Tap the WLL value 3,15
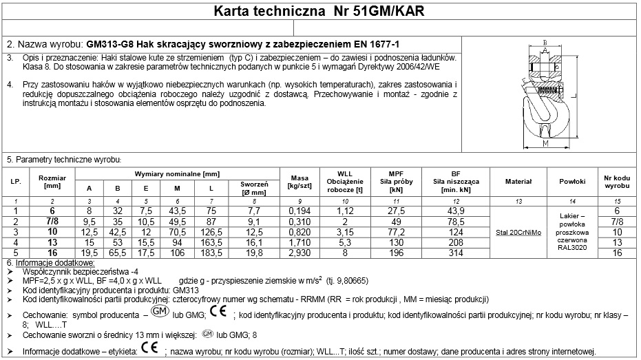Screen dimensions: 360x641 pyautogui.click(x=345, y=232)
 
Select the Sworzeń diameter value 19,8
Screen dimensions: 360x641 pyautogui.click(x=254, y=253)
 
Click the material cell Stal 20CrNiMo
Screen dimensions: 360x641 pyautogui.click(x=518, y=232)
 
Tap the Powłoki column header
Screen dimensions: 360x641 pyautogui.click(x=572, y=182)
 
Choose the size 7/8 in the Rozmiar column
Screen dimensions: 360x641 pyautogui.click(x=52, y=222)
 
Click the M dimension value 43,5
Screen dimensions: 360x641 pyautogui.click(x=178, y=211)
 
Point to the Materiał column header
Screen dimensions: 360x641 pyautogui.click(x=518, y=182)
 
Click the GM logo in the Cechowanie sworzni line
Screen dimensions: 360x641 pyautogui.click(x=207, y=335)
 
